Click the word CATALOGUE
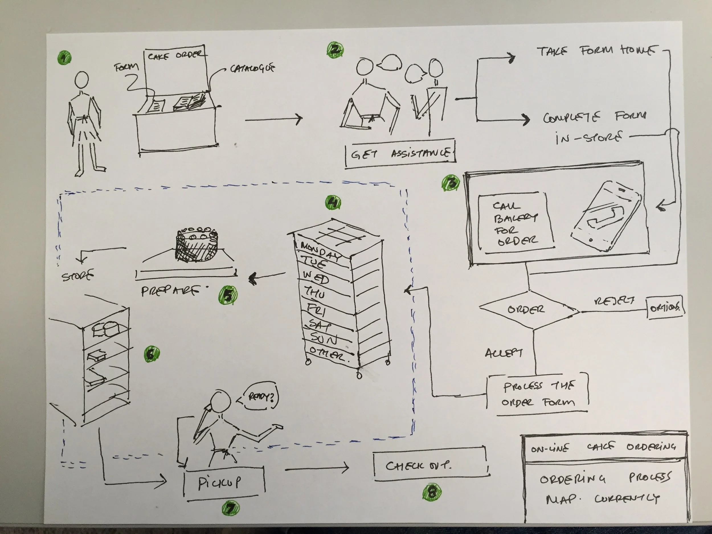(x=253, y=68)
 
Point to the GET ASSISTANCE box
(x=400, y=154)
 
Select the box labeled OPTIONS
(x=665, y=307)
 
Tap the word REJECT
(x=614, y=301)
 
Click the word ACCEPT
(x=504, y=353)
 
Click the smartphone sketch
(x=605, y=216)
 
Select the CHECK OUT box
(x=430, y=465)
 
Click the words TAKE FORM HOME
(x=596, y=51)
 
